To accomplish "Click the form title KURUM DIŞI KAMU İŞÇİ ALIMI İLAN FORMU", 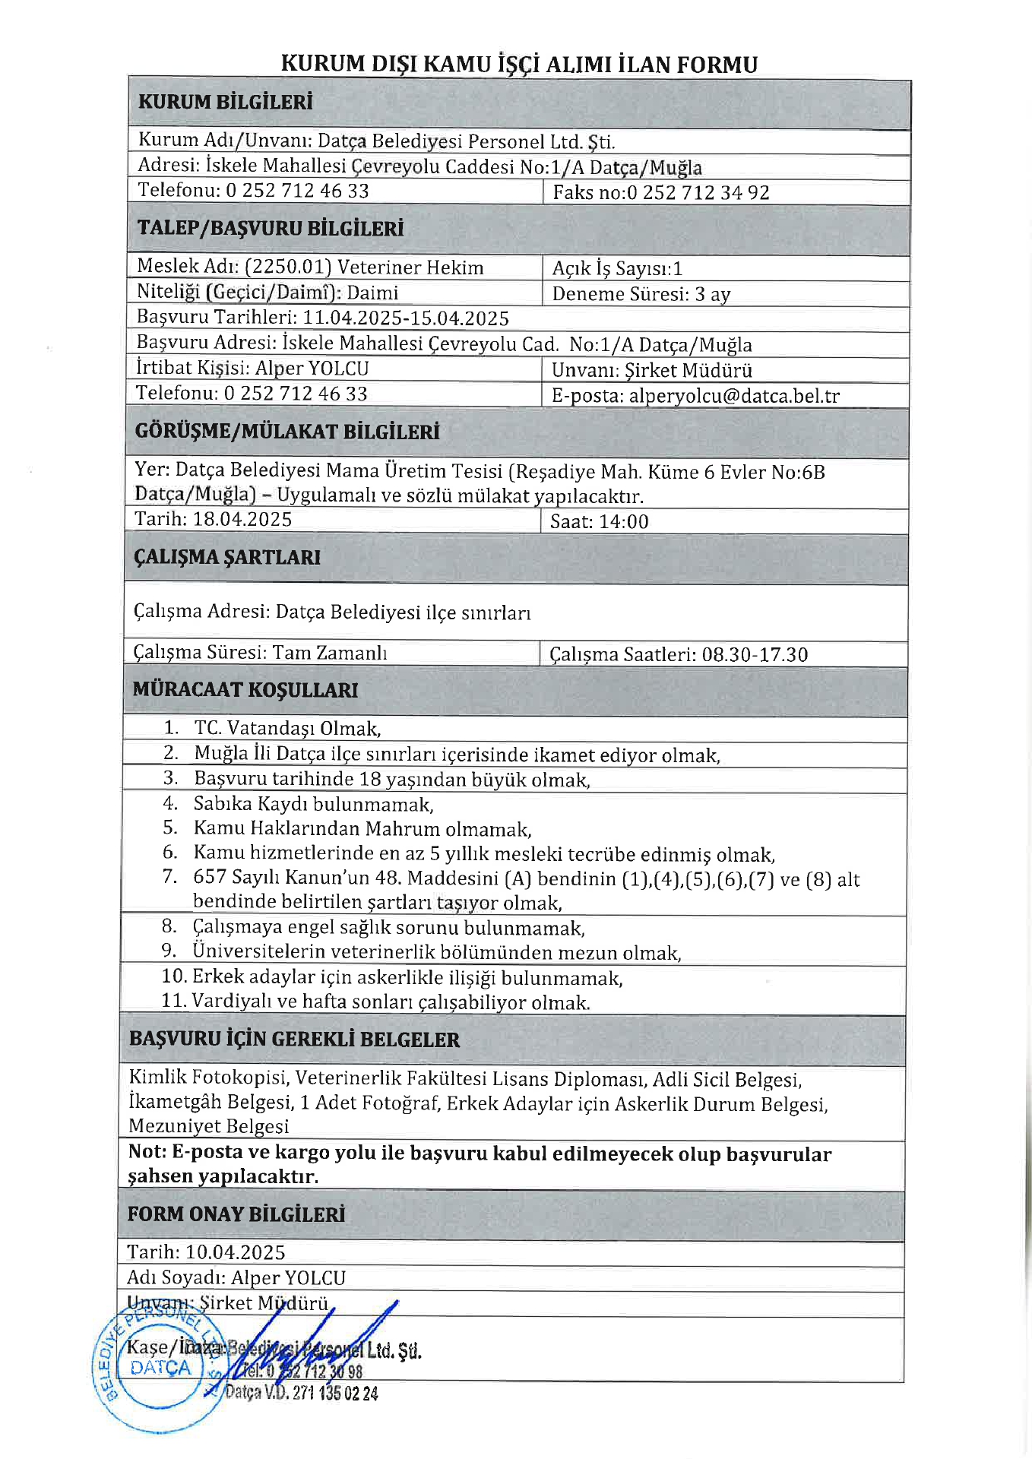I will [519, 64].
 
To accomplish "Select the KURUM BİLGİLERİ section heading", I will [225, 103].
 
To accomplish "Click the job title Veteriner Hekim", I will [410, 267].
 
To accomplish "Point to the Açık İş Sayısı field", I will [617, 268].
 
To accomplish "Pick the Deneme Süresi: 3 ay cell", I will [641, 294].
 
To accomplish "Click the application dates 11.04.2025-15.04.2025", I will [406, 318].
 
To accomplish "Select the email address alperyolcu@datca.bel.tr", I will [734, 396].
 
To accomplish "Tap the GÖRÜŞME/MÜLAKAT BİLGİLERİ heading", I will [287, 432].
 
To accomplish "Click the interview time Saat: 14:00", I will [599, 521].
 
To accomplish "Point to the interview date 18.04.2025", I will [242, 520].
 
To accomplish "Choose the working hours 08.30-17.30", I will [755, 654].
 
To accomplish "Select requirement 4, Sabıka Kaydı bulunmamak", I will [313, 804].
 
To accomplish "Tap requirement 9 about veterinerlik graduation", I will [436, 952].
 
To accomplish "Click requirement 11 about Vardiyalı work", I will [390, 1002].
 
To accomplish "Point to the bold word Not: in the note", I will [147, 1152].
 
